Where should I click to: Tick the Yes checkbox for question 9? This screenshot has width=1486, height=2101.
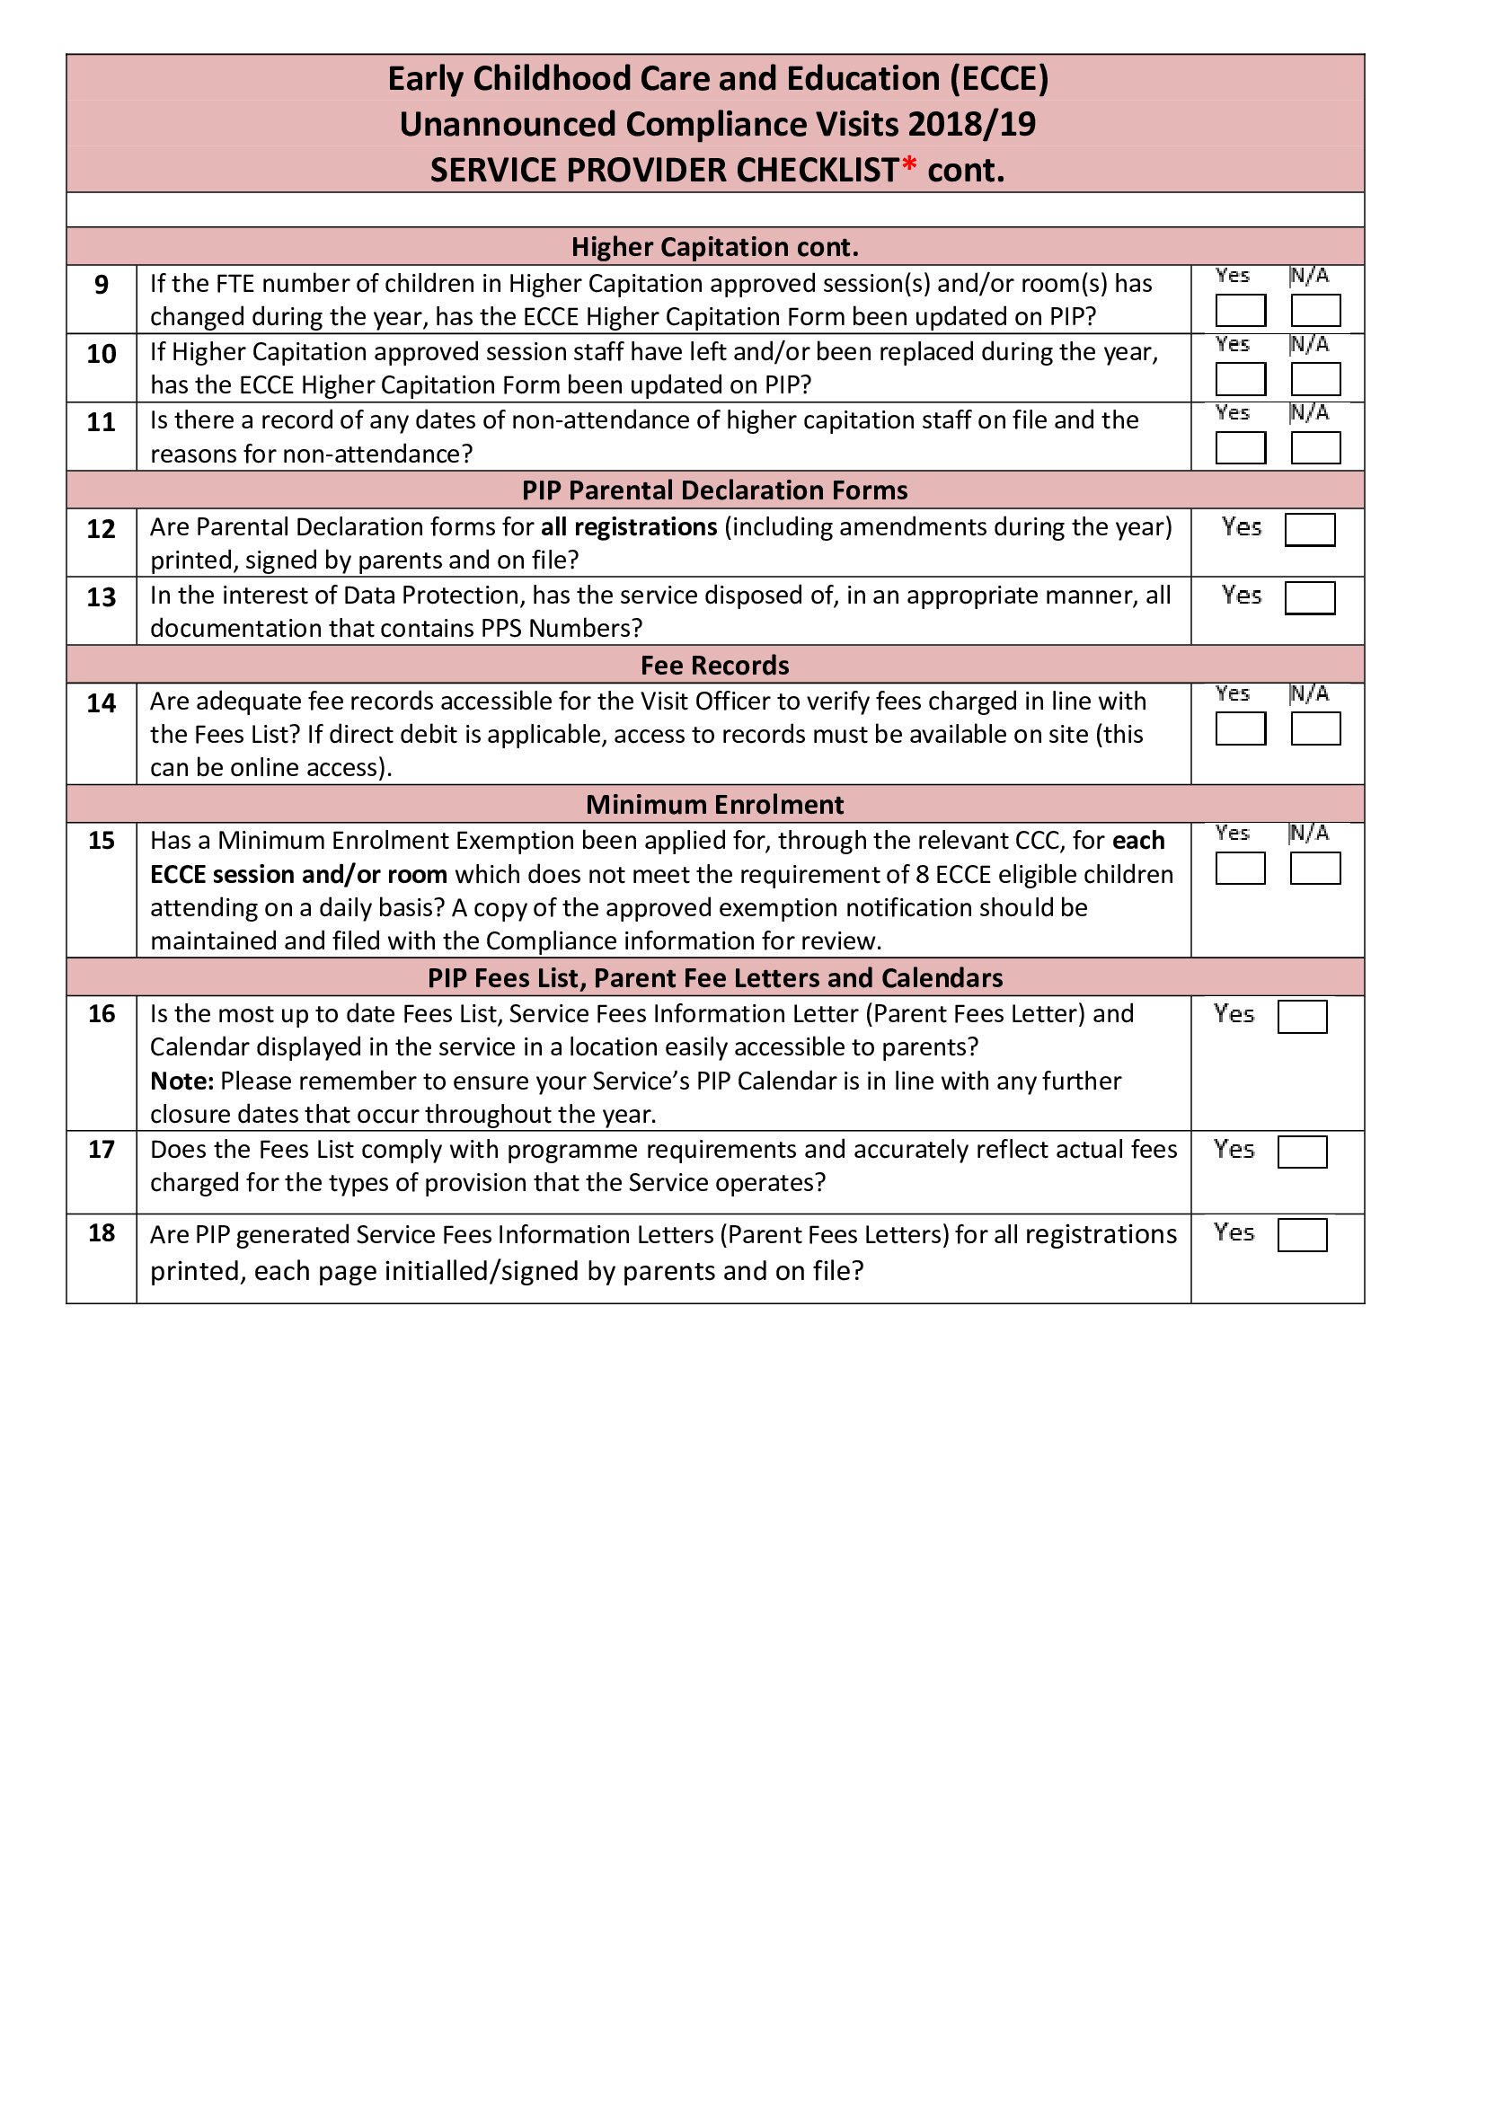tap(1240, 310)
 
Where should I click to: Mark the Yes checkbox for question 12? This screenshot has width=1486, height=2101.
tap(1309, 529)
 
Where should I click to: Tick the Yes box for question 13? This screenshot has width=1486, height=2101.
tap(1309, 597)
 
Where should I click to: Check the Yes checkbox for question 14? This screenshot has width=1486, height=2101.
tap(1240, 728)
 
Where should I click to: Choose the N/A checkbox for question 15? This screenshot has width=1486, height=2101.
tap(1315, 868)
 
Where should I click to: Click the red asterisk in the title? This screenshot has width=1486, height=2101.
tap(908, 165)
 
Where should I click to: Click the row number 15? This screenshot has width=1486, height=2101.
tap(102, 840)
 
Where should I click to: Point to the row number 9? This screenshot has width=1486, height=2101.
tap(102, 285)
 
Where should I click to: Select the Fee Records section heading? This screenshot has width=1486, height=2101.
tap(714, 666)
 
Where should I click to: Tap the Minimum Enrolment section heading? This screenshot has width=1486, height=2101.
tap(714, 804)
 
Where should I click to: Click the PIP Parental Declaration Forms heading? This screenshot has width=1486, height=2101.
tap(714, 490)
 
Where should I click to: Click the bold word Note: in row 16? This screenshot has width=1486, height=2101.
tap(182, 1081)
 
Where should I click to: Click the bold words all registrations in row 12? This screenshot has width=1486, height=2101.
tap(629, 527)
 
